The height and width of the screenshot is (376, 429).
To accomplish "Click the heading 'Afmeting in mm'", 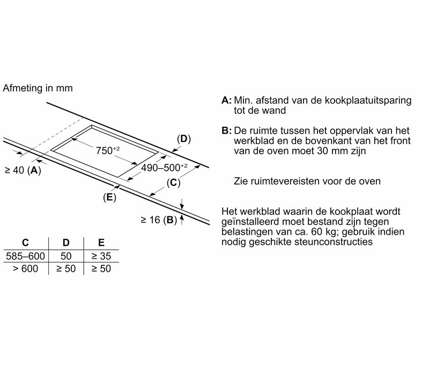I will tap(38, 88).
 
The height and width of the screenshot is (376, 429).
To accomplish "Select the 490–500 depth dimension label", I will tap(163, 168).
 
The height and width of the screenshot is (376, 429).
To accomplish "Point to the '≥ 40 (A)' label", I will tap(21, 171).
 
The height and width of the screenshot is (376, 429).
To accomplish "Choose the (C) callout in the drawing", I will tap(173, 183).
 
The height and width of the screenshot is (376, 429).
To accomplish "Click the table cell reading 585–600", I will tap(25, 256).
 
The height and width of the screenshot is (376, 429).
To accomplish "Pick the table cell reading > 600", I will tap(25, 268).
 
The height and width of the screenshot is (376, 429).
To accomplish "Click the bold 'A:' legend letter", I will tap(226, 100).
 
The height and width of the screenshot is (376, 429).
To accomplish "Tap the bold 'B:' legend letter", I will tap(226, 131).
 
